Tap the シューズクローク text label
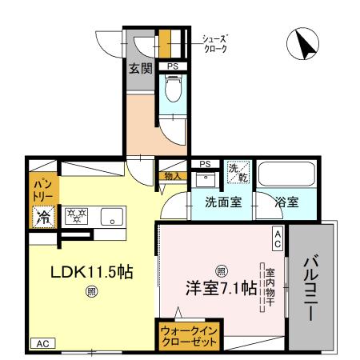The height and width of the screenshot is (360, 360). [214, 42]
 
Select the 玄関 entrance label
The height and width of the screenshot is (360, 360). [141, 68]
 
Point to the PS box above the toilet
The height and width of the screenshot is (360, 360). [172, 66]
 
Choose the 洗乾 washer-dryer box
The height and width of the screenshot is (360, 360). [238, 171]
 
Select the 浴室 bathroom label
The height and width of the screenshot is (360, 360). [287, 202]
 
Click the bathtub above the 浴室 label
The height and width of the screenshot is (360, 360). [289, 175]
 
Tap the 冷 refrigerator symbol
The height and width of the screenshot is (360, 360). [42, 216]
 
